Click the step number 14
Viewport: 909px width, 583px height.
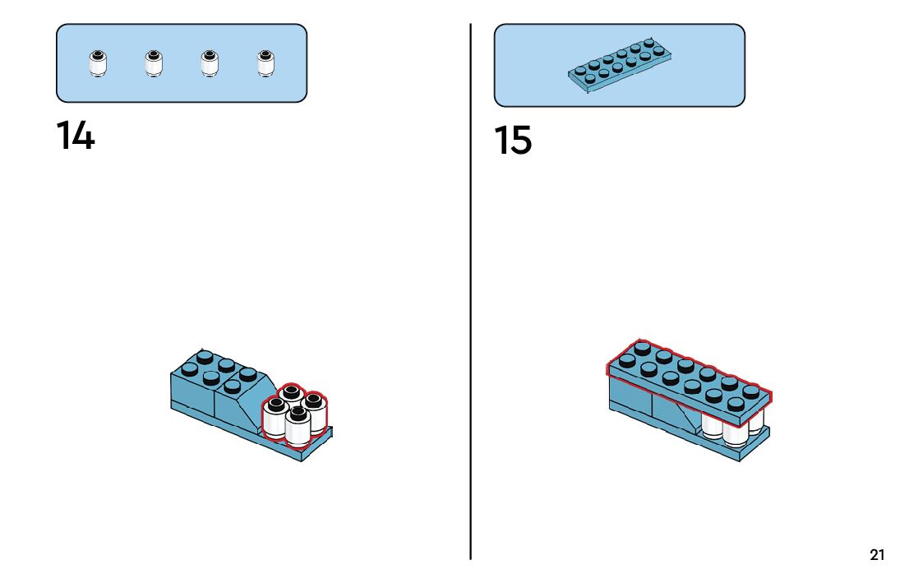[76, 136]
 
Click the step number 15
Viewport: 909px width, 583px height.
[514, 141]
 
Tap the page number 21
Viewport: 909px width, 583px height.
[877, 555]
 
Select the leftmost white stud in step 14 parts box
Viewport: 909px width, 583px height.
[98, 63]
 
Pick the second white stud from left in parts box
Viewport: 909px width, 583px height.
[153, 63]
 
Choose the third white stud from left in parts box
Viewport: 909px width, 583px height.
[209, 63]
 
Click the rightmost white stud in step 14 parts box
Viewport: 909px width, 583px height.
[265, 63]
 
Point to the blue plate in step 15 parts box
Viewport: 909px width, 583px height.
[621, 64]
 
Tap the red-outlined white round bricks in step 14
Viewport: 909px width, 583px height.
[294, 414]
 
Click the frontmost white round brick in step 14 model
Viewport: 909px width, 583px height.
[298, 424]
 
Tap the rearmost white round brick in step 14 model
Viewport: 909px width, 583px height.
[292, 393]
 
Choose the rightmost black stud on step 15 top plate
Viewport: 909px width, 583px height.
[751, 392]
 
